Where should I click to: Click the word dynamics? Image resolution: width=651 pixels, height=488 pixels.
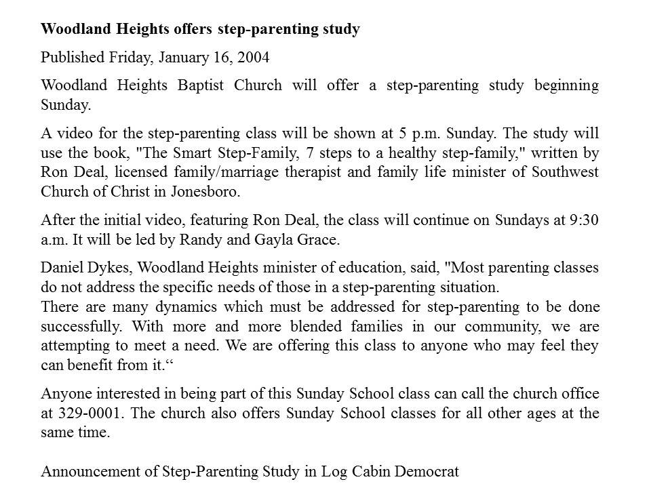(165, 306)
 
